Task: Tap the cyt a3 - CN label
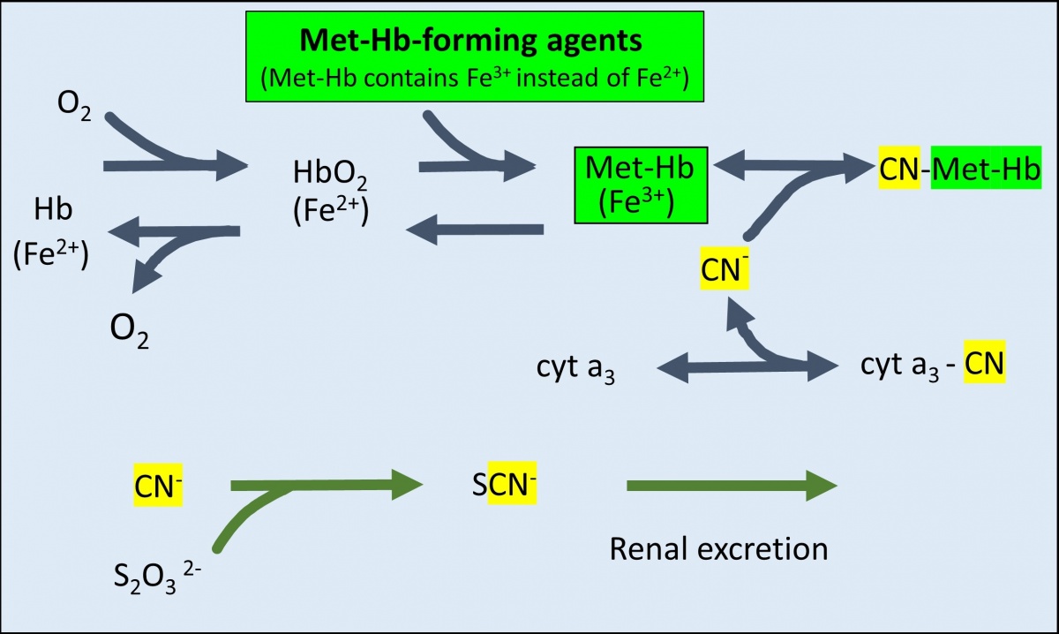[932, 364]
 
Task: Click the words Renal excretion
[718, 548]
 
